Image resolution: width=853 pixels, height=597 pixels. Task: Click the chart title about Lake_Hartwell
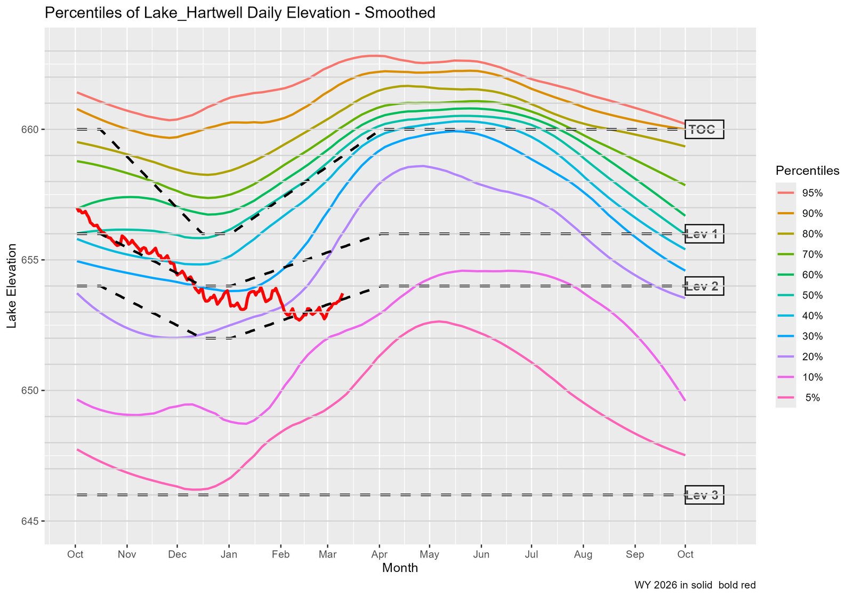[240, 13]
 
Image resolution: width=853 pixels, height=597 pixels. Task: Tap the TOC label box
[704, 130]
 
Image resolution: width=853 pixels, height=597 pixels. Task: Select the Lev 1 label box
[704, 234]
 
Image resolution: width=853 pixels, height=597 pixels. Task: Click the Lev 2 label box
[704, 286]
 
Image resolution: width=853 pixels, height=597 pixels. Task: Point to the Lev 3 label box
[704, 495]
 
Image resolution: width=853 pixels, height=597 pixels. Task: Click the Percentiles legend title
[807, 171]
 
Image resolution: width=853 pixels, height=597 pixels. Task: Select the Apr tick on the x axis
[379, 554]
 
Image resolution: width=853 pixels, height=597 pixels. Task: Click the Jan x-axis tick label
[229, 554]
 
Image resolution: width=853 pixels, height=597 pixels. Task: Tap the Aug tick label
[583, 554]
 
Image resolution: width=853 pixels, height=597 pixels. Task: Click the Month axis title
[400, 568]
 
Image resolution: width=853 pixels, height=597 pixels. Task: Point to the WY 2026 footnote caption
[695, 585]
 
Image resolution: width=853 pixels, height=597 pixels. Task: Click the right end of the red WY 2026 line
[342, 294]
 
